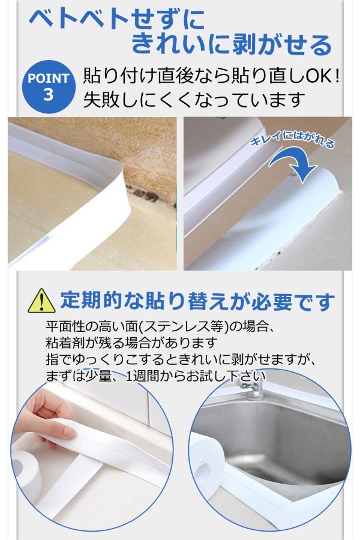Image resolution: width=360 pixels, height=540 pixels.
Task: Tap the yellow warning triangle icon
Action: [41, 301]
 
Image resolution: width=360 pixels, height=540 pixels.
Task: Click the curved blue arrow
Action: [294, 163]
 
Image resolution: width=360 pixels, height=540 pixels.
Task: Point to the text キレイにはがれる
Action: [292, 139]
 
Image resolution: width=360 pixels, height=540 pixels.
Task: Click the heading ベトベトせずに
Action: [117, 20]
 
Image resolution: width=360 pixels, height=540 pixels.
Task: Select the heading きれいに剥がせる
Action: [232, 44]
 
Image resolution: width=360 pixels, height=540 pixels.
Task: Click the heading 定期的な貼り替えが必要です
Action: [197, 301]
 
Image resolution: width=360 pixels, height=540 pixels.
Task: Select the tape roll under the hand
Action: [26, 469]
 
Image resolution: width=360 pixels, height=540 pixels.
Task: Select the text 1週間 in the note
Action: [145, 376]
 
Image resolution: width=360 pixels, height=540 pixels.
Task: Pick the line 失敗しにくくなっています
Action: [194, 100]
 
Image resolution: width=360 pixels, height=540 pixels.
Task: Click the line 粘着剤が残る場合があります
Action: [131, 343]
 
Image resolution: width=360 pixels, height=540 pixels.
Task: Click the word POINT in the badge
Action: [49, 78]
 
